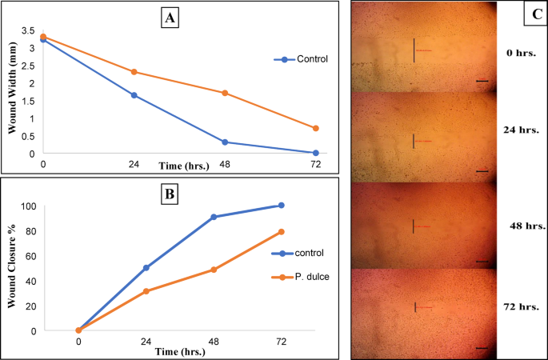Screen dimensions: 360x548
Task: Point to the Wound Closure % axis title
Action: pyautogui.click(x=13, y=268)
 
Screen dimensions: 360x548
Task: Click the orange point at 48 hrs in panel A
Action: pyautogui.click(x=225, y=93)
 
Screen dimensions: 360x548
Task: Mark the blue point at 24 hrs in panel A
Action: pyautogui.click(x=134, y=95)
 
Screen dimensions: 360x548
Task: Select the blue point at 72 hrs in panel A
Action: pyautogui.click(x=316, y=153)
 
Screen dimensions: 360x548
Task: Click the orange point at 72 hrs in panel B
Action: pyautogui.click(x=281, y=232)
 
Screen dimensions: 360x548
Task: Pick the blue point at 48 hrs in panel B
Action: pyautogui.click(x=214, y=217)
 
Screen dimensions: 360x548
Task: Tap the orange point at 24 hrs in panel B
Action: pyautogui.click(x=146, y=291)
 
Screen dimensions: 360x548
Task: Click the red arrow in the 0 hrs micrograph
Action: pyautogui.click(x=424, y=51)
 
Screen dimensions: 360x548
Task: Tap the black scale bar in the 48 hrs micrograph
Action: pyautogui.click(x=482, y=261)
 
